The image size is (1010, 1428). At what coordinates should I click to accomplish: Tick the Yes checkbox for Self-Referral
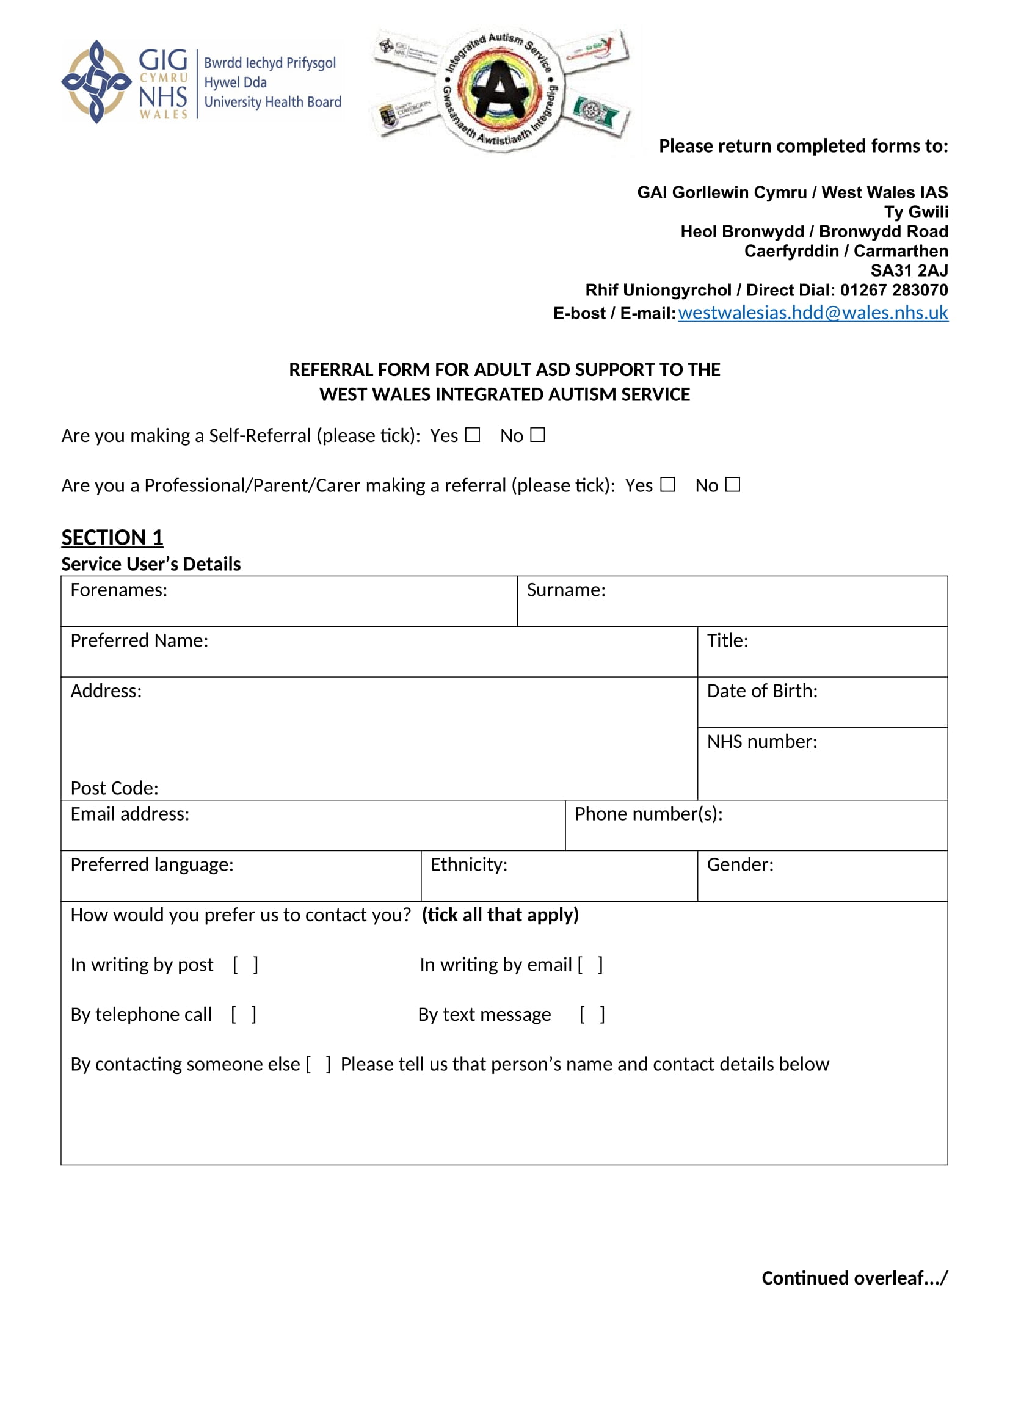tap(473, 435)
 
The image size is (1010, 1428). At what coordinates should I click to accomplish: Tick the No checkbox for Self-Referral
tap(537, 435)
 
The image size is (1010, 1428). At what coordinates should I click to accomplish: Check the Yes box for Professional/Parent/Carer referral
tap(667, 485)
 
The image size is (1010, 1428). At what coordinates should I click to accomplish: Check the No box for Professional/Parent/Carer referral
tap(733, 485)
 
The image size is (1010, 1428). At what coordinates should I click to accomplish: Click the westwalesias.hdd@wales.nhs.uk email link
tap(812, 312)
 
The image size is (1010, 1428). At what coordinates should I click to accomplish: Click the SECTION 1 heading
tap(112, 537)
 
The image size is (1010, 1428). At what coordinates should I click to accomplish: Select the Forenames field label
tap(119, 590)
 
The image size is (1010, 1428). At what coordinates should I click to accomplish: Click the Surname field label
tap(566, 590)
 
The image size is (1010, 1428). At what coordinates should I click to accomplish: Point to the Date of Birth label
tap(762, 691)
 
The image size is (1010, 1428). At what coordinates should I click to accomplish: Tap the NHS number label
tap(762, 741)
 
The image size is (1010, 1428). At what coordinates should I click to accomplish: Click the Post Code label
tap(114, 788)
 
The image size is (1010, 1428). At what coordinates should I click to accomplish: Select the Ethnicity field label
tap(469, 864)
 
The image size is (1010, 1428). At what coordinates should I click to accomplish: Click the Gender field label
tap(740, 864)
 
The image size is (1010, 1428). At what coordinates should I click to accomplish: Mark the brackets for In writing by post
tap(245, 965)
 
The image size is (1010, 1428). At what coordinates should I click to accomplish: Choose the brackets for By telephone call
tap(243, 1015)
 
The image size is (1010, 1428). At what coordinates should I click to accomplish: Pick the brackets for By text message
tap(592, 1015)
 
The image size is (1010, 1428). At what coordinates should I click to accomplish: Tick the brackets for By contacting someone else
tap(318, 1064)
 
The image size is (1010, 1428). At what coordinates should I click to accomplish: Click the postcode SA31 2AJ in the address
tap(909, 270)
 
